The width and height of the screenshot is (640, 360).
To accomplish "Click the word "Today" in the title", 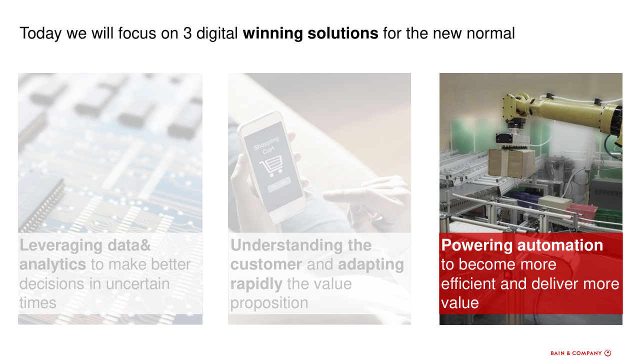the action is [40, 33].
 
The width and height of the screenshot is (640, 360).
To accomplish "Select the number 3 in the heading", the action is [187, 33].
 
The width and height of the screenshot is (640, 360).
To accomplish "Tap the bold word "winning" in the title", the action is [272, 33].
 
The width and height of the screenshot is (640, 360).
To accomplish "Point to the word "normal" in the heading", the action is [490, 33].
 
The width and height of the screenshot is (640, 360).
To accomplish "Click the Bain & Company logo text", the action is [576, 353].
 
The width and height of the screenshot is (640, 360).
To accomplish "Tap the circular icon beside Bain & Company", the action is [607, 353].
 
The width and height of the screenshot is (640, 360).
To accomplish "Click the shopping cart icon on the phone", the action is [271, 165].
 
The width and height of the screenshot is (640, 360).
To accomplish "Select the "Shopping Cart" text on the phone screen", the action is [267, 145].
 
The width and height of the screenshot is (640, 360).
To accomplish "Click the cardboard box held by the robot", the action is [511, 163].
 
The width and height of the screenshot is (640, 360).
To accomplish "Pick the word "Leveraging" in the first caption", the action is [61, 245].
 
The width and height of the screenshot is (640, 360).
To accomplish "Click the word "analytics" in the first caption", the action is [52, 264].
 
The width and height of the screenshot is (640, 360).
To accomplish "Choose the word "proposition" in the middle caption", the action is [269, 303].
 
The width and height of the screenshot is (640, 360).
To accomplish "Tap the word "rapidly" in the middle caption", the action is [256, 284].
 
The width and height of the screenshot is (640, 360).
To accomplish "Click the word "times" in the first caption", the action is [37, 303].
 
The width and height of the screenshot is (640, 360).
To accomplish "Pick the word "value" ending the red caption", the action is [459, 303].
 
